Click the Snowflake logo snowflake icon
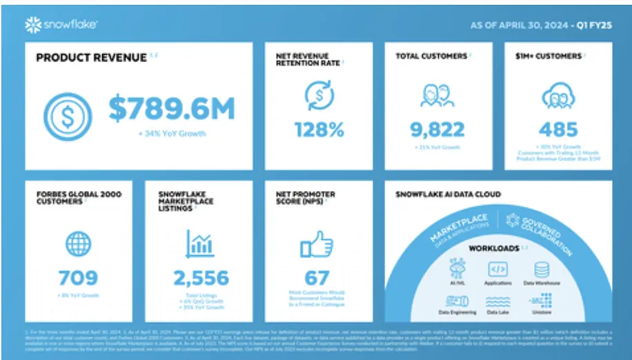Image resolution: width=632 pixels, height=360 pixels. pos(33,26)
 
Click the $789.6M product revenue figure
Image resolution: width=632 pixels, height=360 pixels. pos(172,109)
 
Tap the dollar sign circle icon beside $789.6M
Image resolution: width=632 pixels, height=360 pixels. pos(68,112)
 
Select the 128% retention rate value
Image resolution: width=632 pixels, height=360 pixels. pos(319,129)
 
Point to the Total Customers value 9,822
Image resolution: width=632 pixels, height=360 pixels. pos(437,129)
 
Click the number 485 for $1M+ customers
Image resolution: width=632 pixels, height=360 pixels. pos(559,129)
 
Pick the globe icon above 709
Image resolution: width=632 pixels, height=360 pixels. pos(78,243)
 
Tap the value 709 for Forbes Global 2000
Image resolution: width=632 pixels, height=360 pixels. pos(78,277)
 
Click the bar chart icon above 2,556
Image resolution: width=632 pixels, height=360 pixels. pos(201,243)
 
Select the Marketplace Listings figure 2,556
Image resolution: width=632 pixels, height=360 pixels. pos(201,277)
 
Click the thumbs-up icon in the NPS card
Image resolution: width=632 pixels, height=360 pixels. pos(317,243)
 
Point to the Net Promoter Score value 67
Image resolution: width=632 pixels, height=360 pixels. pos(317,277)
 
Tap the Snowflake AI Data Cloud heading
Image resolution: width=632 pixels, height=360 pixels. pos(448,194)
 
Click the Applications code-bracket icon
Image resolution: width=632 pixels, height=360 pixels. pos(498,269)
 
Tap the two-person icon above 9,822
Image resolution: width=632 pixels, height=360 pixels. pos(437,95)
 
